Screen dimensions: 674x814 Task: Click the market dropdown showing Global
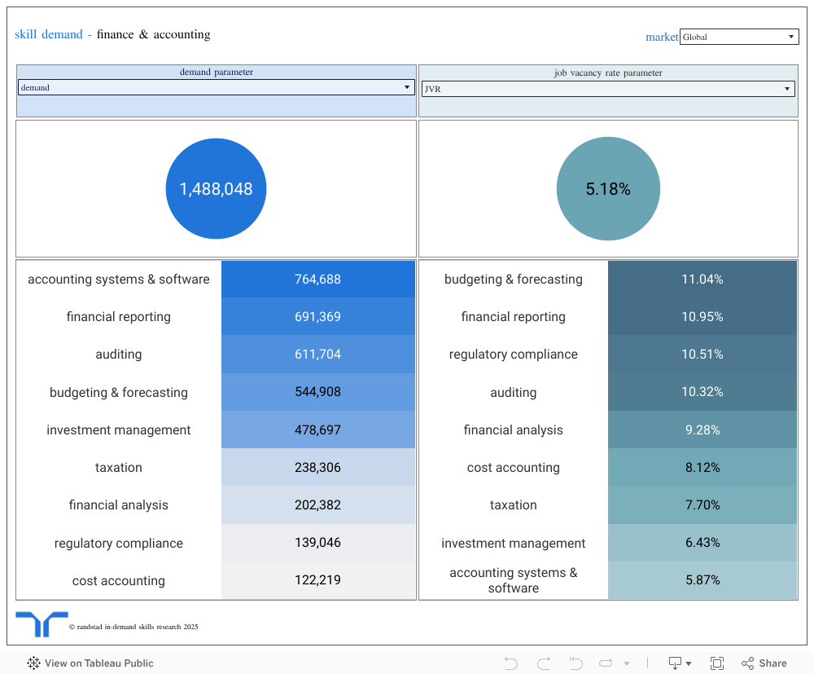pos(739,37)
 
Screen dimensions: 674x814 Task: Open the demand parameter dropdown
pos(216,87)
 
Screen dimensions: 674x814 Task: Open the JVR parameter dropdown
pos(607,89)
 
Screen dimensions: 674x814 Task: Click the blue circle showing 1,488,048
pos(216,189)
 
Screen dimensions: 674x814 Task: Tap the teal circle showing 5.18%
pos(608,189)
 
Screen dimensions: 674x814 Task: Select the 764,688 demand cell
pos(317,280)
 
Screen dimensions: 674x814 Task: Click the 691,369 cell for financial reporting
pos(317,317)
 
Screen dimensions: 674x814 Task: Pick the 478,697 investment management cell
pos(317,430)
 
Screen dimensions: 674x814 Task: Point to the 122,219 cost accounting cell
pos(317,580)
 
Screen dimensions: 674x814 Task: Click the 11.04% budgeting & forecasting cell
pos(702,280)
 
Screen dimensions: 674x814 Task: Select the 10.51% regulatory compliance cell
pos(702,355)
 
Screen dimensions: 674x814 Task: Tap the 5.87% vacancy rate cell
pos(702,580)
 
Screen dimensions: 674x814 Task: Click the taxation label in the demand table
pos(119,468)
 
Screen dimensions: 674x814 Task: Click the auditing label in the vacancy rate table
pos(513,393)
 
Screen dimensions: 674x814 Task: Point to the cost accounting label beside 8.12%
pos(513,468)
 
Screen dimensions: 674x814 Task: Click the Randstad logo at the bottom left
pos(42,623)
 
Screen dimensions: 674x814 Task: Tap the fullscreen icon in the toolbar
pos(717,663)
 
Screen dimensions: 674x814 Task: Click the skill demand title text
pos(49,35)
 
